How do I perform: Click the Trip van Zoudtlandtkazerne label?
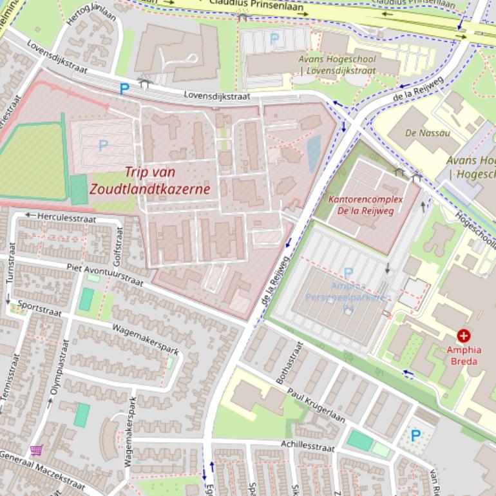(x=149, y=181)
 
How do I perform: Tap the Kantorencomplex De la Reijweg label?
(x=365, y=205)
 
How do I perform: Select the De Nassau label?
(x=428, y=133)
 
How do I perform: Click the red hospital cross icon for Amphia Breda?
(x=463, y=336)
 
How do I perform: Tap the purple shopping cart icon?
(x=36, y=450)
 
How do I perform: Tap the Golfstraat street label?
(x=117, y=250)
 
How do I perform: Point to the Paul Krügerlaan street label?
(x=316, y=406)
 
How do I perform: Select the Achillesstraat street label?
(x=307, y=445)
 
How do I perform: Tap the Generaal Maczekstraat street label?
(x=41, y=470)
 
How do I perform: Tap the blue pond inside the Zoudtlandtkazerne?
(x=314, y=153)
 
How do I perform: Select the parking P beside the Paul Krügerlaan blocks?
(x=415, y=435)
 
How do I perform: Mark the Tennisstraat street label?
(x=6, y=386)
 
